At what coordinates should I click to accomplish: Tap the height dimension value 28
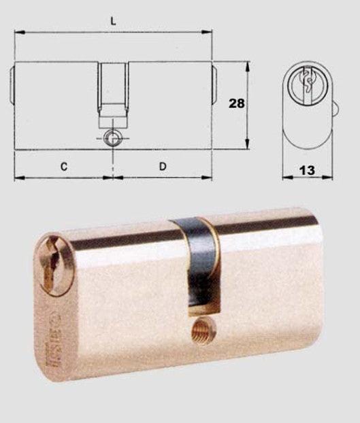click(236, 103)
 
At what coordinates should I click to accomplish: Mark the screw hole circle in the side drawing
click(112, 138)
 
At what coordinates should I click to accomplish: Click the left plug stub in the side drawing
click(12, 83)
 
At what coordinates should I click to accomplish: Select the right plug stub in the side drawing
click(214, 83)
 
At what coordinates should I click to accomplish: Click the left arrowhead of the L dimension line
click(17, 31)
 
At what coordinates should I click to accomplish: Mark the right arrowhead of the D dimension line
click(209, 178)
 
